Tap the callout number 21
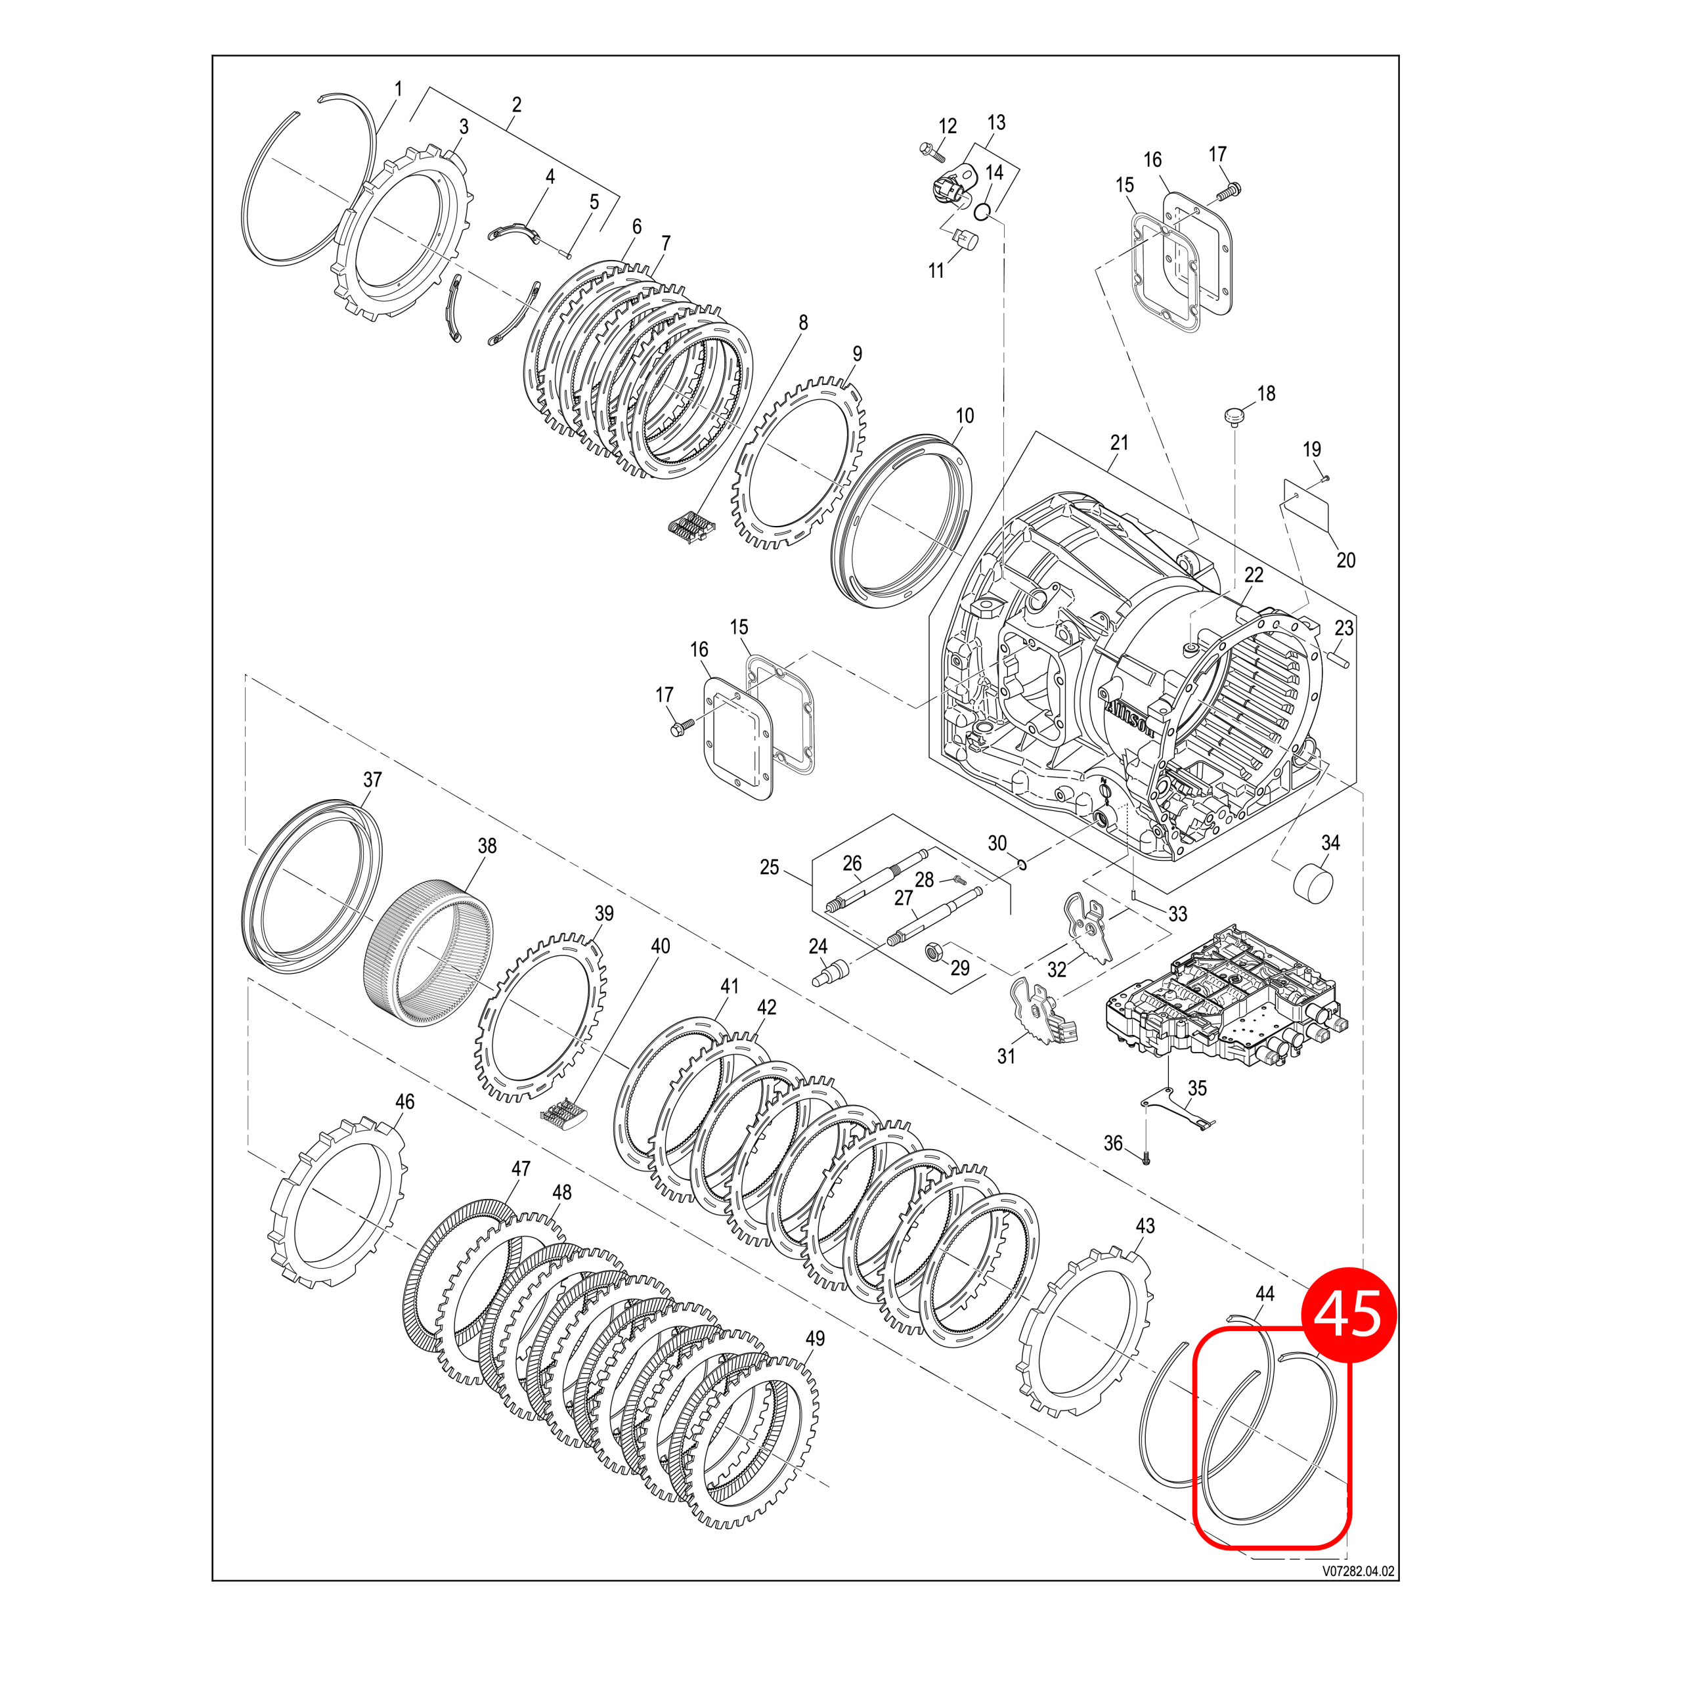click(x=1119, y=443)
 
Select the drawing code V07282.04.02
click(x=1358, y=1571)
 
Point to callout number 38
click(x=487, y=846)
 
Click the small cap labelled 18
click(x=1233, y=416)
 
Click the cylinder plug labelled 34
click(x=1315, y=886)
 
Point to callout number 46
click(x=404, y=1102)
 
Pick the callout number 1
click(x=399, y=89)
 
